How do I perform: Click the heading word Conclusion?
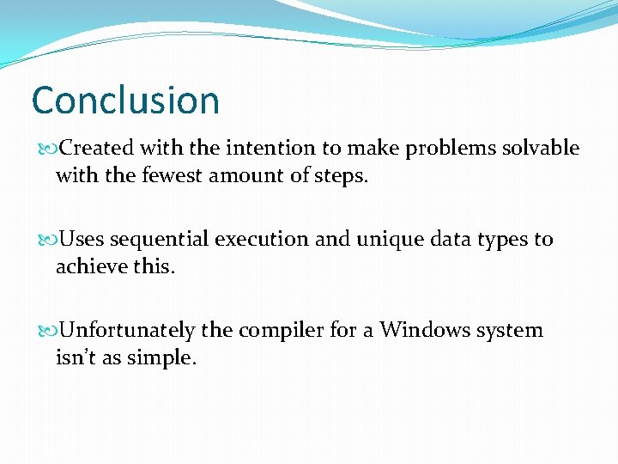(125, 101)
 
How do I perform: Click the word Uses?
(82, 239)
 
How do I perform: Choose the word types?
(501, 240)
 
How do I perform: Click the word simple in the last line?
(162, 358)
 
